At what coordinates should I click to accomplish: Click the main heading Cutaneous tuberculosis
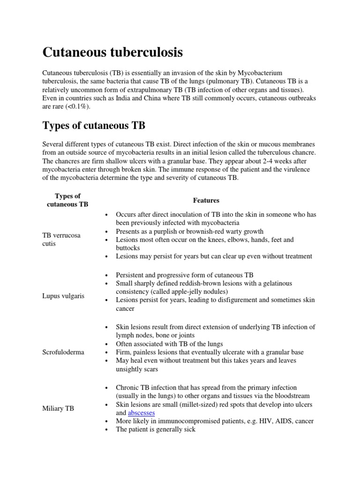coord(112,52)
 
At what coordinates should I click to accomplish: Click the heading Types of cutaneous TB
coord(94,126)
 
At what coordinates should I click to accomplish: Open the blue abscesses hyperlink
coord(142,412)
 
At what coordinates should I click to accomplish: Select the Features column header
coord(206,200)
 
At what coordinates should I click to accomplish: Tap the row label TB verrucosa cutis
coord(61,240)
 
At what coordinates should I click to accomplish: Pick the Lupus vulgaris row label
coord(63,296)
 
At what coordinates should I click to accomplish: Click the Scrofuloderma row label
coord(63,352)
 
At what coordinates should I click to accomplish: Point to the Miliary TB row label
coord(58,409)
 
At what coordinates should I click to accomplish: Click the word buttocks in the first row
coord(129,247)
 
